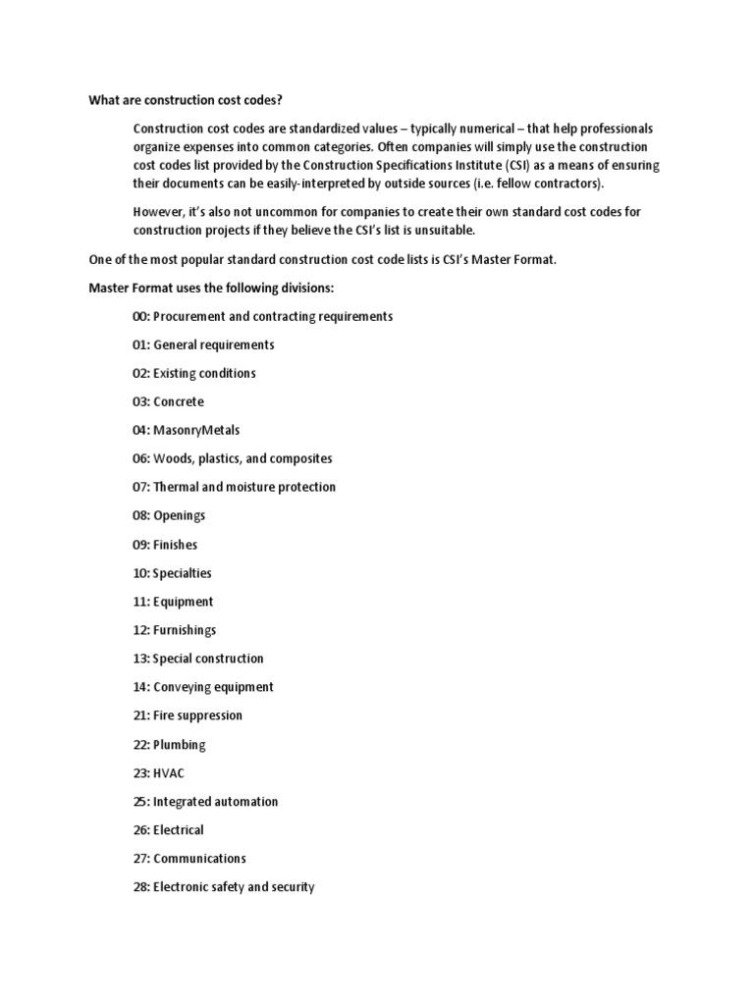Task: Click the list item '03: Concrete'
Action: [x=169, y=401]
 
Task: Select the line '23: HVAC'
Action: [x=158, y=772]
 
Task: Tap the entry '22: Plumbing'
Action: [x=169, y=744]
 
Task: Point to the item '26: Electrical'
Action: [x=169, y=829]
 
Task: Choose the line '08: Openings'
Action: [x=169, y=515]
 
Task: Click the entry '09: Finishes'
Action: [x=165, y=544]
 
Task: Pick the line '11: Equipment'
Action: [x=173, y=601]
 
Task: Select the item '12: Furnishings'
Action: [x=175, y=629]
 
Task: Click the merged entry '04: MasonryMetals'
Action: [x=187, y=430]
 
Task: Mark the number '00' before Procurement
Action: [x=140, y=316]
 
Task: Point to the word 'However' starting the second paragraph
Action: [x=157, y=211]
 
